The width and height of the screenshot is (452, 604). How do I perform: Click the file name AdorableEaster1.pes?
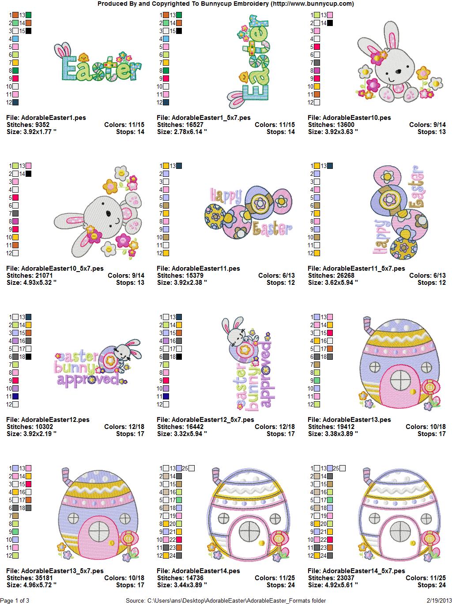tap(53, 118)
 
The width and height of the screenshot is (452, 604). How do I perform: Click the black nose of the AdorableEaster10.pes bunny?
tap(398, 71)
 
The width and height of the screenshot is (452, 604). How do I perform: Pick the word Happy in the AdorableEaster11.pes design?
tap(226, 196)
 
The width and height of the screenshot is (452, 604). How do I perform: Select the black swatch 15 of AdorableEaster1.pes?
tap(28, 31)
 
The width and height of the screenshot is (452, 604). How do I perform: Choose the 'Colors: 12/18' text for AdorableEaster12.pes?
tap(124, 426)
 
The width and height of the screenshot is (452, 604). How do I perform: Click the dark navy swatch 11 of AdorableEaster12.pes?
tap(15, 396)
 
